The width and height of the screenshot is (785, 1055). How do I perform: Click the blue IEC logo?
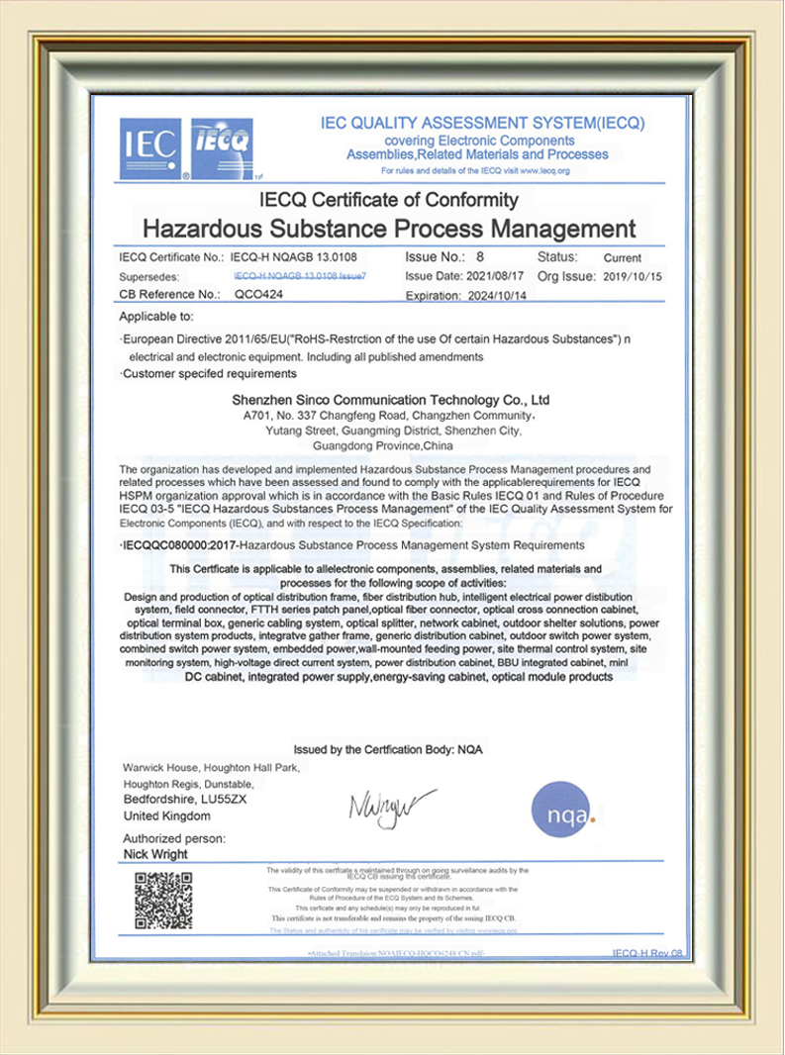[150, 148]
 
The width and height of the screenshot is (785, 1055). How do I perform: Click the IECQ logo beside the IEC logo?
[222, 148]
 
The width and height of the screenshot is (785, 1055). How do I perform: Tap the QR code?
[163, 901]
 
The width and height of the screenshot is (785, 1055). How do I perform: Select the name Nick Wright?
[155, 854]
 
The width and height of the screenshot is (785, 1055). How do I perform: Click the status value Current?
[622, 258]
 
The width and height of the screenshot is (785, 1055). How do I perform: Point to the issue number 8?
[479, 257]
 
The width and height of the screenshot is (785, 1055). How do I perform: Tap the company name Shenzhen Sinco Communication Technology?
[389, 400]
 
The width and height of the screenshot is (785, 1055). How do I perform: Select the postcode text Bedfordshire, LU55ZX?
[184, 797]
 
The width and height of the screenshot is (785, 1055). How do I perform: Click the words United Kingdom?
[166, 815]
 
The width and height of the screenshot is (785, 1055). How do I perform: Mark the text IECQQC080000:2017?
[179, 545]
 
